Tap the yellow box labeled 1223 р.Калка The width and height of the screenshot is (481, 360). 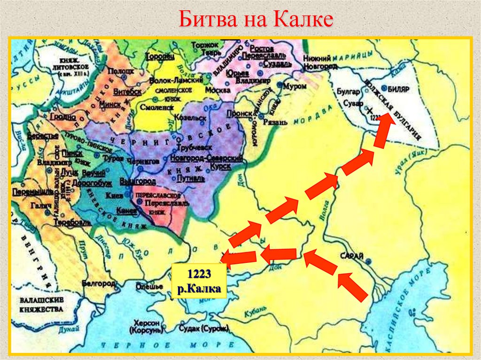click(x=199, y=281)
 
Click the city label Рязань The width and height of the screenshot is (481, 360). click(x=276, y=122)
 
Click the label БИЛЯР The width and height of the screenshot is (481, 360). click(x=399, y=88)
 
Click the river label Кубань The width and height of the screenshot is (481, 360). click(x=256, y=310)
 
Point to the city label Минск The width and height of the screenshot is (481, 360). click(x=110, y=101)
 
